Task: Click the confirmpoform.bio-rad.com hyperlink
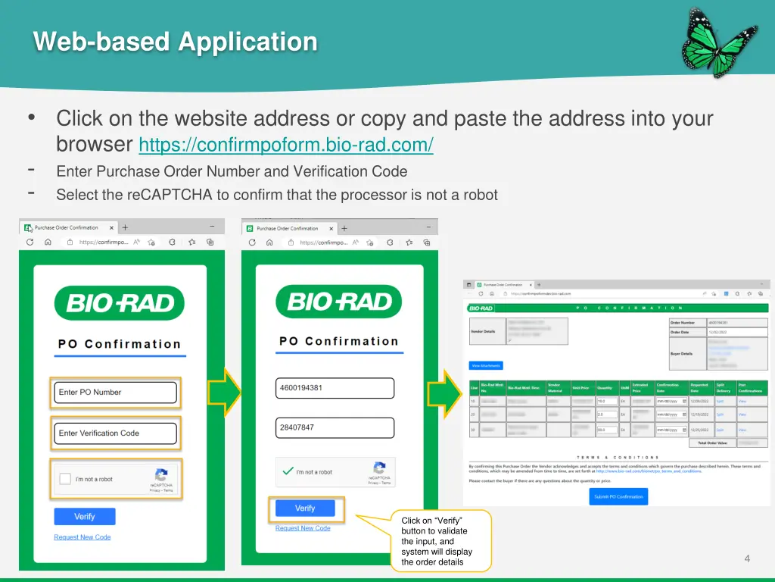(x=286, y=144)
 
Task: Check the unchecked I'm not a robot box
(x=65, y=479)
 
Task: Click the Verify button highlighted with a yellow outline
(x=305, y=508)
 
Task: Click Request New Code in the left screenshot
(x=82, y=537)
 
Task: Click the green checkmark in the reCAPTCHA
(x=288, y=471)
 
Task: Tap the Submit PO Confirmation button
(x=618, y=496)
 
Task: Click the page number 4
(x=747, y=559)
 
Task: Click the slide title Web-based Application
(x=176, y=42)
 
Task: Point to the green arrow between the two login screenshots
(x=224, y=393)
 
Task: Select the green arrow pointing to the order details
(x=444, y=393)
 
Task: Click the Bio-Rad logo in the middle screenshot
(x=338, y=302)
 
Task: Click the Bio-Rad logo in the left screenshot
(x=120, y=303)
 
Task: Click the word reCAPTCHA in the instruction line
(x=170, y=195)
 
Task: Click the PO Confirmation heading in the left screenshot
(x=120, y=344)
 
